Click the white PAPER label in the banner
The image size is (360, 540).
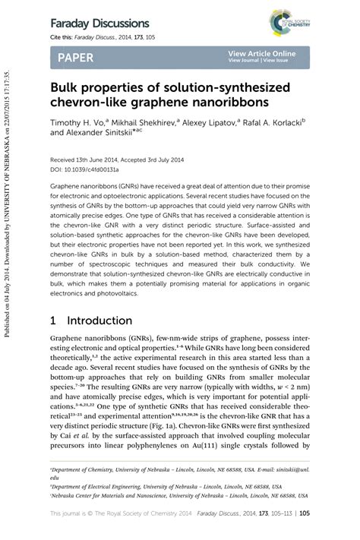point(74,57)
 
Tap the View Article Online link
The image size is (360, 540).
point(261,53)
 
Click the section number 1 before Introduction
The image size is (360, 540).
point(53,321)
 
